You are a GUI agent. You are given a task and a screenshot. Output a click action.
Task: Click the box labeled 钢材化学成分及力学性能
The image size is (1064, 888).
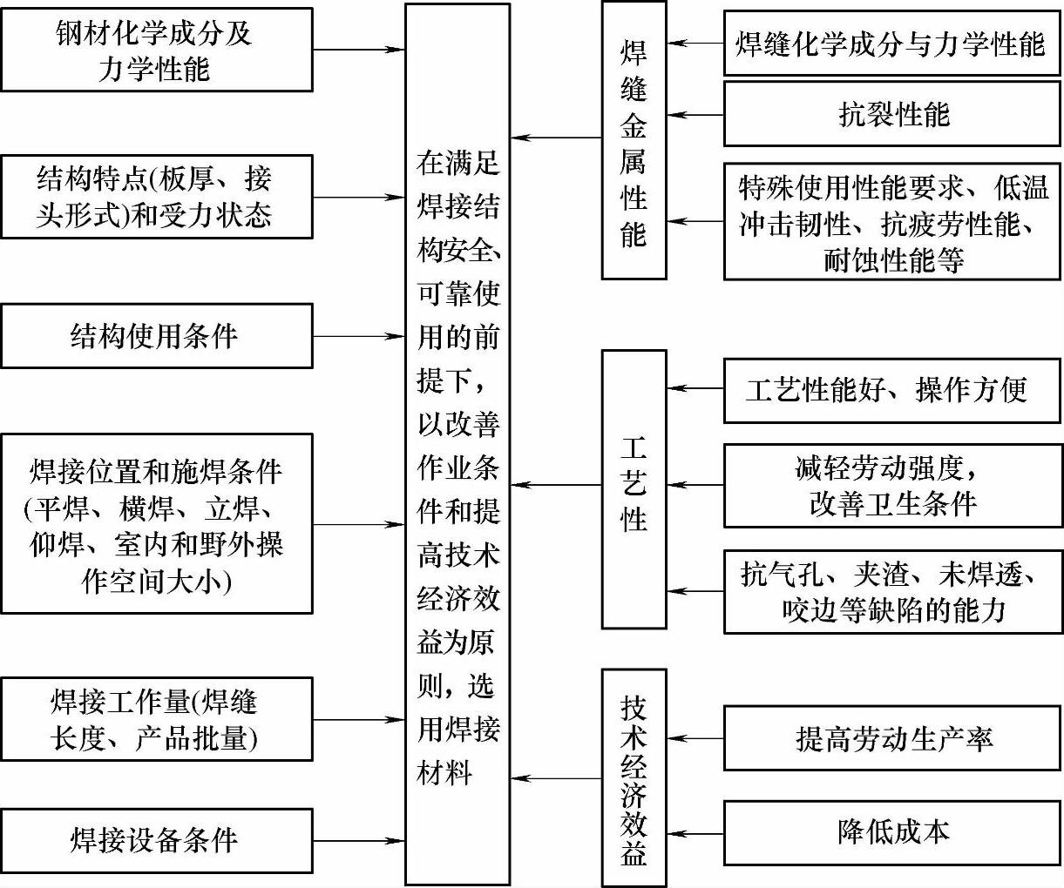point(157,50)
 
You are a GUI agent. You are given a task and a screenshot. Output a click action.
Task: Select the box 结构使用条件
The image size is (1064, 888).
point(157,336)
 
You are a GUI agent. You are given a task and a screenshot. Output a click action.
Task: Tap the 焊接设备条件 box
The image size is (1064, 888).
point(157,841)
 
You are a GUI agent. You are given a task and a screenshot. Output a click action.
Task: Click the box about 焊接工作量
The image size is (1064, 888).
point(157,720)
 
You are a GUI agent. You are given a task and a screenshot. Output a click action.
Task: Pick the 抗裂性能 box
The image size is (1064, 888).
point(892,114)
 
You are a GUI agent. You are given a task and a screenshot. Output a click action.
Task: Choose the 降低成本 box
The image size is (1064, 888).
point(892,831)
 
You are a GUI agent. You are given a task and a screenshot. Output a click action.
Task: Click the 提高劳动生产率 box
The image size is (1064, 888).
point(892,738)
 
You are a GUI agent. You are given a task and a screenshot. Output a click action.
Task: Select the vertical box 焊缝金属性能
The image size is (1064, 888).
point(634,140)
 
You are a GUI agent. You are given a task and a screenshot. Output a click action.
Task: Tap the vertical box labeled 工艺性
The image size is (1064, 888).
point(634,488)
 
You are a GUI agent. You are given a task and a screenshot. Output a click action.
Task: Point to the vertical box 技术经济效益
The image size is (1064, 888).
point(634,777)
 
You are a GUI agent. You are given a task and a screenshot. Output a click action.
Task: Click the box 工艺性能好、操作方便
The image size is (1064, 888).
point(892,389)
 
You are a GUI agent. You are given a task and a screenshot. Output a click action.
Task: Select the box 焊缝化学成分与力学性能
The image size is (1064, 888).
point(892,43)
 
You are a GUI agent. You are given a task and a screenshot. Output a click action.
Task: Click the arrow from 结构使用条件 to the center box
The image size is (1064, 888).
point(358,336)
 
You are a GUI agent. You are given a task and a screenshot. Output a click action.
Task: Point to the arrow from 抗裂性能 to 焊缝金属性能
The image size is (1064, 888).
point(695,114)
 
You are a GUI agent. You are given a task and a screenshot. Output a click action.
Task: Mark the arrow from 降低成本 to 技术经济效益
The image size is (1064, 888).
point(695,833)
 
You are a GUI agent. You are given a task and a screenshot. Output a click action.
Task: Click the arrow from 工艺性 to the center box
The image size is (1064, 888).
point(556,485)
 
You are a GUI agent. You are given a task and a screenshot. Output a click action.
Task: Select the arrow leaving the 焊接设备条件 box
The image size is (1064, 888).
point(358,841)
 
